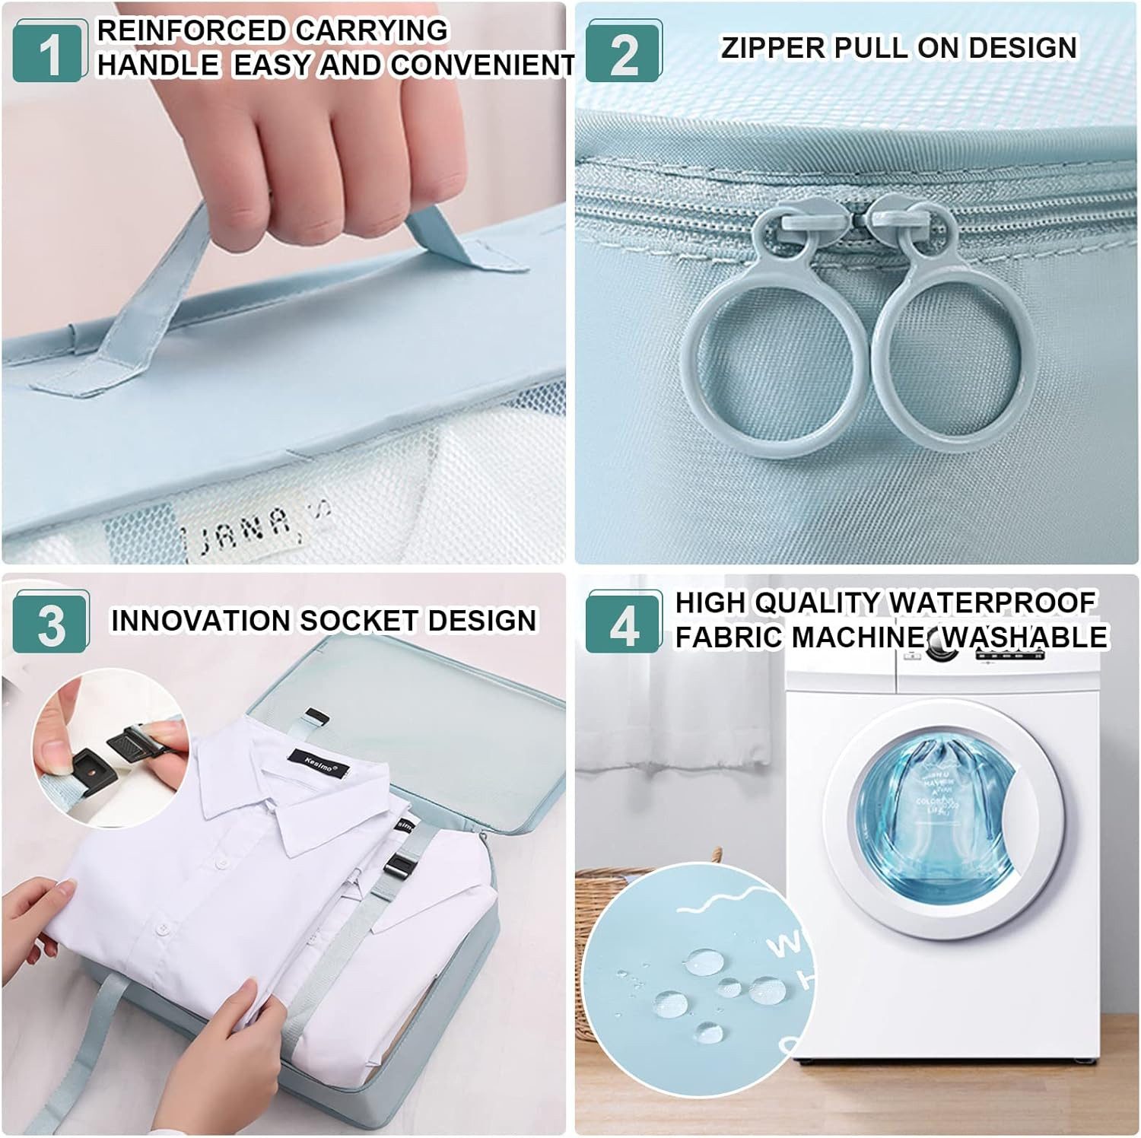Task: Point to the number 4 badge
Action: [x=624, y=625]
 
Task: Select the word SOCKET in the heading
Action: [x=358, y=621]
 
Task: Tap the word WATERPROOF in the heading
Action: [x=992, y=603]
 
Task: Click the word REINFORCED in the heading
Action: [x=190, y=30]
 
